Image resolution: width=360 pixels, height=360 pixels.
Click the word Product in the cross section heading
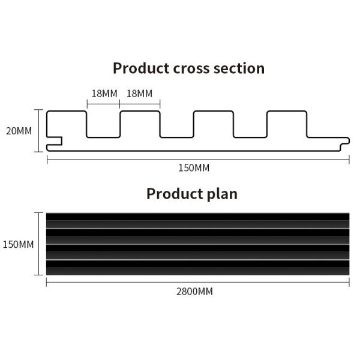click(x=141, y=68)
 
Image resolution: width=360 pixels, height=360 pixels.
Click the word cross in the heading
click(x=191, y=69)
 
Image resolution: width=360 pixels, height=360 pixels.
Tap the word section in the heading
click(x=239, y=68)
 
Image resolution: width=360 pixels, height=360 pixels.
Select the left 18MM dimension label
click(x=104, y=94)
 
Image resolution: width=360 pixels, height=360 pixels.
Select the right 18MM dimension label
click(x=139, y=94)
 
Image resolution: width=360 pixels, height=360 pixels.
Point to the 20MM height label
click(x=19, y=131)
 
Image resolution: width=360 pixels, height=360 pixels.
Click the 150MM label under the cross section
click(x=194, y=168)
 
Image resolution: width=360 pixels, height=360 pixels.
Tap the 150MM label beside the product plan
click(x=18, y=244)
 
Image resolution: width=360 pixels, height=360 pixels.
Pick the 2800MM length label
click(x=194, y=292)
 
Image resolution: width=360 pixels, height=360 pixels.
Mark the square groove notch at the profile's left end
click(x=55, y=141)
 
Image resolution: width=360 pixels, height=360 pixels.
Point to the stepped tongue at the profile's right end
click(x=344, y=144)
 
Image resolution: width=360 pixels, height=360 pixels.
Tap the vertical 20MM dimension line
click(x=39, y=131)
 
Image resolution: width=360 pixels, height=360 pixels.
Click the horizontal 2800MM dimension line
click(x=197, y=282)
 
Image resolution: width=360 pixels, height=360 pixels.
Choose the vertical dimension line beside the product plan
click(x=39, y=244)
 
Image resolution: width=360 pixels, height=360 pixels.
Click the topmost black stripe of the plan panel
click(x=197, y=217)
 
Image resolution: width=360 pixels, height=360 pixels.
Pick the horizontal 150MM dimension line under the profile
click(x=198, y=160)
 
